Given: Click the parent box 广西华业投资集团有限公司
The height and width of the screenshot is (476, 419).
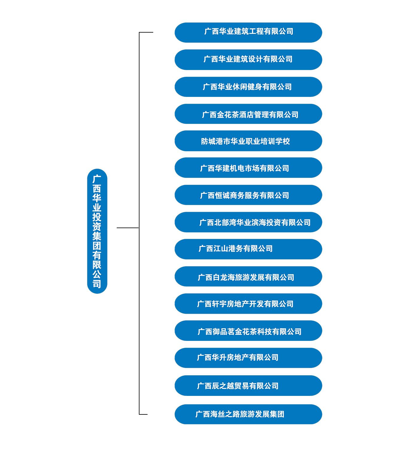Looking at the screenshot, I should pyautogui.click(x=97, y=231).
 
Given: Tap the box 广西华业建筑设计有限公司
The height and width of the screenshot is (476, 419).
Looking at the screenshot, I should pyautogui.click(x=248, y=59).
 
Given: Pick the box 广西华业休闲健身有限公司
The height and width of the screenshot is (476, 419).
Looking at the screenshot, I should pyautogui.click(x=248, y=87).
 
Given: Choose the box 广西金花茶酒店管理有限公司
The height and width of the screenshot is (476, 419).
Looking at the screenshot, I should pyautogui.click(x=248, y=114).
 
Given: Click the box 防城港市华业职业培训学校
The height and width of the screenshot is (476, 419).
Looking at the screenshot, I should pyautogui.click(x=248, y=141).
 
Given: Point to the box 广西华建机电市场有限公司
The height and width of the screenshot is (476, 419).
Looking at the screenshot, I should pyautogui.click(x=248, y=168).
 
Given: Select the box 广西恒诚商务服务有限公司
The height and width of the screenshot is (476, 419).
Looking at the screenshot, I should pyautogui.click(x=248, y=195).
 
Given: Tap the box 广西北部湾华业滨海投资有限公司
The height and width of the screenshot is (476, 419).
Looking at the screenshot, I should pyautogui.click(x=248, y=222).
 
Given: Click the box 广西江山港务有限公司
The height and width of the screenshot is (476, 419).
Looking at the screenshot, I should pyautogui.click(x=248, y=249).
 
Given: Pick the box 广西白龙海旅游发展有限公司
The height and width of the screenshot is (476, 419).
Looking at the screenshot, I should pyautogui.click(x=248, y=277).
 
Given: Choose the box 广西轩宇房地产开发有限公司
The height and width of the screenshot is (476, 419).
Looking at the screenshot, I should pyautogui.click(x=248, y=303).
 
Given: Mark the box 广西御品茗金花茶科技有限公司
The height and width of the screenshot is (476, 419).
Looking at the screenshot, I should pyautogui.click(x=248, y=331).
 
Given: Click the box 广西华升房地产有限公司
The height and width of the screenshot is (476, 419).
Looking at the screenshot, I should pyautogui.click(x=248, y=358).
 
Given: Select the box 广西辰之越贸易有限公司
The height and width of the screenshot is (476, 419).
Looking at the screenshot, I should pyautogui.click(x=248, y=386).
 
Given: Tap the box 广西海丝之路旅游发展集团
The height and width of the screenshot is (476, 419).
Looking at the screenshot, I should pyautogui.click(x=248, y=414).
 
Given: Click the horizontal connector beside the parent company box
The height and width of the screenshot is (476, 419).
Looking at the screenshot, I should pyautogui.click(x=127, y=228).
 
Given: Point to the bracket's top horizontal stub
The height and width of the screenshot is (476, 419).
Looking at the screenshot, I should pyautogui.click(x=146, y=32).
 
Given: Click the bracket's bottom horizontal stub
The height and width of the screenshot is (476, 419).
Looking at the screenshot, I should pyautogui.click(x=143, y=414).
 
